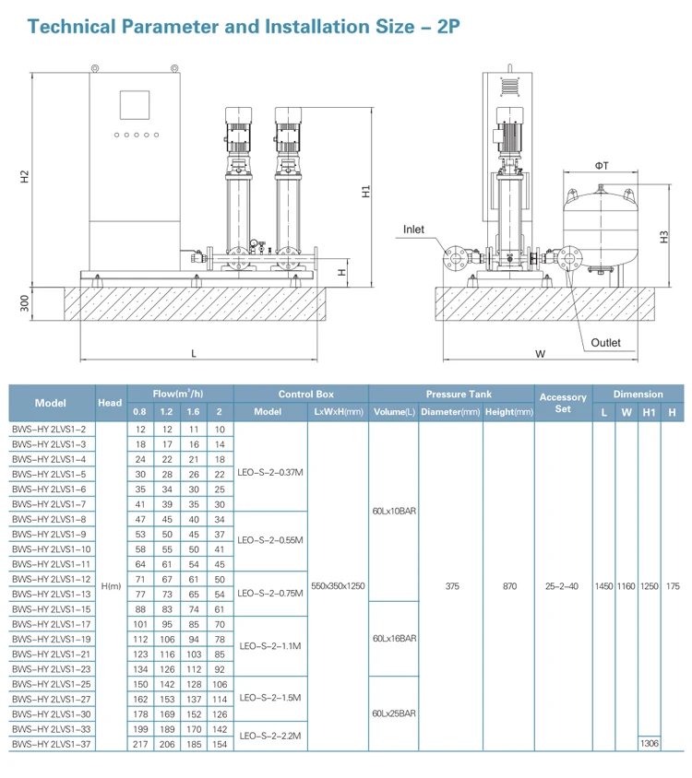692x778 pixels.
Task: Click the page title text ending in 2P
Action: pyautogui.click(x=244, y=25)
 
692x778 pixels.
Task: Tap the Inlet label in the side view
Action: pyautogui.click(x=413, y=229)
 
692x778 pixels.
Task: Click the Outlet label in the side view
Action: pyautogui.click(x=606, y=343)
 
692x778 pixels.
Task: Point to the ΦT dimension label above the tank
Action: pyautogui.click(x=601, y=166)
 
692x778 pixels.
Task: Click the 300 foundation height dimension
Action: pyautogui.click(x=25, y=302)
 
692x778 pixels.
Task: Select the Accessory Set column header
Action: pyautogui.click(x=563, y=403)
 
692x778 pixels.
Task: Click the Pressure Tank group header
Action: pyautogui.click(x=450, y=394)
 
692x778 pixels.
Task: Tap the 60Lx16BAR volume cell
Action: pyautogui.click(x=394, y=638)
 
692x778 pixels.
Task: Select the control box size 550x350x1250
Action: pyautogui.click(x=340, y=585)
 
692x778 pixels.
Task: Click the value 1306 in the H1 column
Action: pyautogui.click(x=650, y=742)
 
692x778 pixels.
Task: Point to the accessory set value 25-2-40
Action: pyautogui.click(x=563, y=585)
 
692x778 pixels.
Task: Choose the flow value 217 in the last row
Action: pyautogui.click(x=139, y=743)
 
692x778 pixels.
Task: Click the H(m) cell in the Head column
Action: pyautogui.click(x=111, y=585)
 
